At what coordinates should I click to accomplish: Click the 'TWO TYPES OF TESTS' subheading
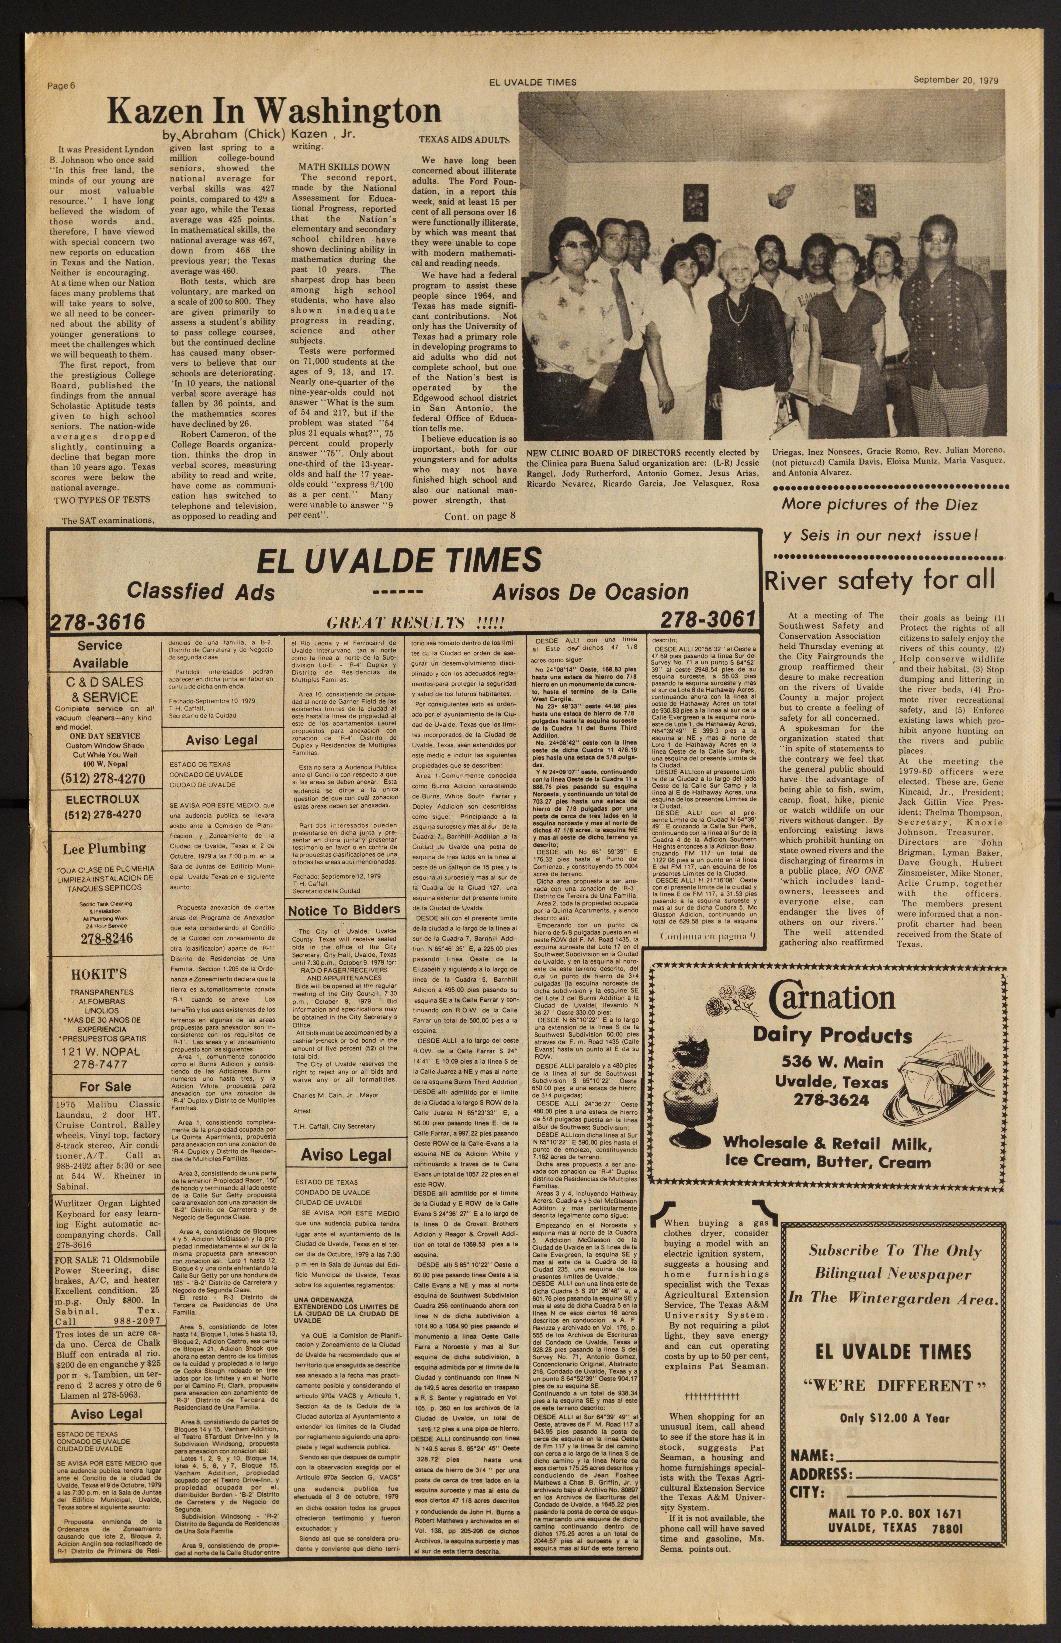tap(102, 499)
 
